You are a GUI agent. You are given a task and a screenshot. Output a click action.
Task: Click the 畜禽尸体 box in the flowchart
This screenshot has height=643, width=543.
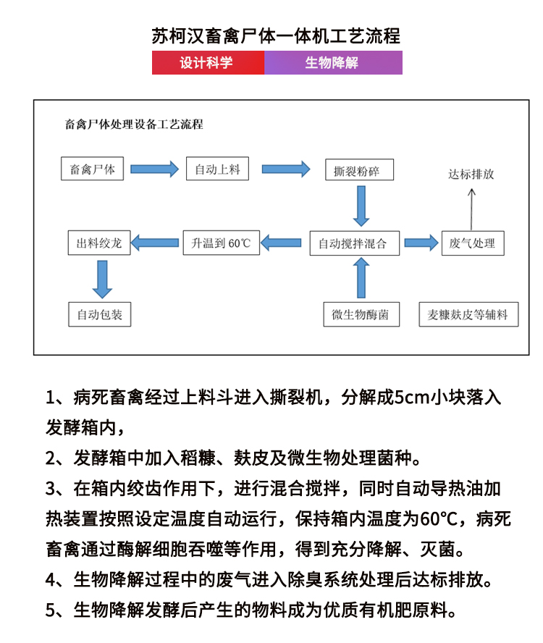click(x=92, y=169)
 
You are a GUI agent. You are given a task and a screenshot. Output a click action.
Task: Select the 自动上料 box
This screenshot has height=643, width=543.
click(x=217, y=169)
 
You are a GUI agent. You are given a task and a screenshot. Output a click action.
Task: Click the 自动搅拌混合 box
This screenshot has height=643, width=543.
click(x=358, y=243)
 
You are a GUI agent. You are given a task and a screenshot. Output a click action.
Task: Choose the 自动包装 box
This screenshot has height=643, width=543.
click(x=99, y=315)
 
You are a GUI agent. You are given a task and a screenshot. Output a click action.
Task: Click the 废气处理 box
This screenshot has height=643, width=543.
click(x=472, y=243)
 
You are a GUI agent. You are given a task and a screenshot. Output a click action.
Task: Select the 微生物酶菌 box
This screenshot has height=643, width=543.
click(x=361, y=314)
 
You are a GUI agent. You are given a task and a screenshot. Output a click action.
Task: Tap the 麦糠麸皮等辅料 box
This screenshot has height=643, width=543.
click(x=468, y=314)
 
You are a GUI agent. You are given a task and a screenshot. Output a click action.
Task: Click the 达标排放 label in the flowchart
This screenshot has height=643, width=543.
click(x=471, y=175)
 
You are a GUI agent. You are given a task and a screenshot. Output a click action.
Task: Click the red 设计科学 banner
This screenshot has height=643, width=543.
click(x=208, y=63)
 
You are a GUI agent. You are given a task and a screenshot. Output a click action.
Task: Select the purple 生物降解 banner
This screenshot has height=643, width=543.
click(x=333, y=63)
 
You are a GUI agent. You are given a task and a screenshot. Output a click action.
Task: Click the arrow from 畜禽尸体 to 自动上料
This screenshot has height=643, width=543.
click(x=154, y=169)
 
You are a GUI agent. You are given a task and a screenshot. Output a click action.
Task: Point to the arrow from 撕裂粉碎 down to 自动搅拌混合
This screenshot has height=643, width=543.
click(x=360, y=206)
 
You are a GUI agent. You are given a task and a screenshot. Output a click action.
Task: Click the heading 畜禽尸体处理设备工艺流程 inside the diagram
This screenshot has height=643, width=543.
click(x=134, y=125)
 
